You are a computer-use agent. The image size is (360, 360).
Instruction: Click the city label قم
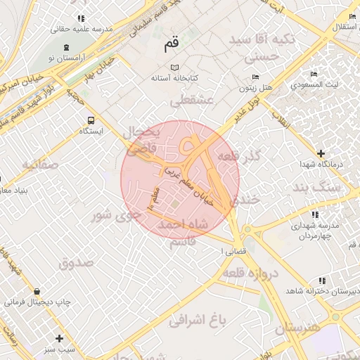coord(171,44)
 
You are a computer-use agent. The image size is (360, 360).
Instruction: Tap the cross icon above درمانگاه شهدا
coord(321,153)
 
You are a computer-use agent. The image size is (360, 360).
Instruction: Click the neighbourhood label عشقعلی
coord(191,101)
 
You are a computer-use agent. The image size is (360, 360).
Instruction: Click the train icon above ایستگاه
coord(90,120)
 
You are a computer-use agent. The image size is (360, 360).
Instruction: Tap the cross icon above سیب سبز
coord(59,337)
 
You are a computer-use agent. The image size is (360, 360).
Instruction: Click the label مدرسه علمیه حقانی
coord(81,30)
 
